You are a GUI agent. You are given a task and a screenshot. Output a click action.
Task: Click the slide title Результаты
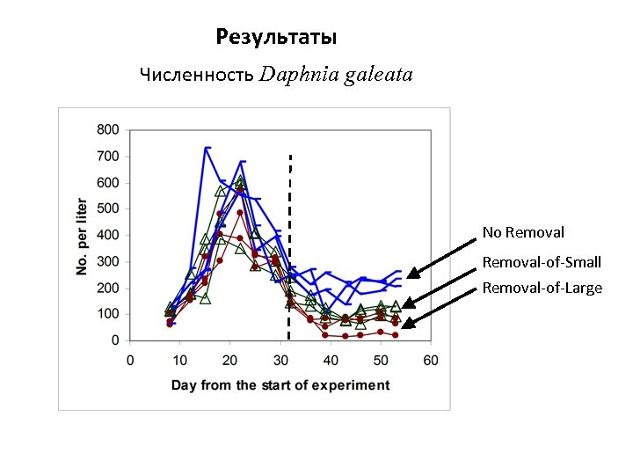point(276,38)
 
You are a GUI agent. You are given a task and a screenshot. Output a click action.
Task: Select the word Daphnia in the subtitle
point(298,75)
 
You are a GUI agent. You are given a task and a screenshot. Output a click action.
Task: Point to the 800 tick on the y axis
point(108,130)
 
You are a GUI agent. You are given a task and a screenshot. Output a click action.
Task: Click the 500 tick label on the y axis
point(108,209)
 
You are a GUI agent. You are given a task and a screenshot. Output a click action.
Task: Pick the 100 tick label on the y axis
point(108,314)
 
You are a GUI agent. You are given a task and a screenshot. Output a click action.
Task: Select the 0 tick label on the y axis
point(115,340)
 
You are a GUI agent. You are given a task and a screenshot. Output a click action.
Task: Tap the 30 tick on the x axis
point(280,360)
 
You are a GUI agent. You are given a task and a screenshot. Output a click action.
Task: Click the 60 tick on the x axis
point(430,360)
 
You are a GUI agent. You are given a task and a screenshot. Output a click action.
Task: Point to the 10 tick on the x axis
point(180,360)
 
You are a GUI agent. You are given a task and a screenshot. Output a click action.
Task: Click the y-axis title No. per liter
point(82,235)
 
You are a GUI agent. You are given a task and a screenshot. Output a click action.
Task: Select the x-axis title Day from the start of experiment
point(280,384)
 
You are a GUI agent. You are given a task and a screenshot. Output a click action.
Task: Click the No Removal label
point(523,233)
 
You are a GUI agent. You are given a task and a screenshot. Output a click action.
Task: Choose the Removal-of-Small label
point(542,262)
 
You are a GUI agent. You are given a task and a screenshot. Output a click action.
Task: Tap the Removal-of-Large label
point(542,288)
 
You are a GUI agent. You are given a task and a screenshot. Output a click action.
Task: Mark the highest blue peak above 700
point(207,148)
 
